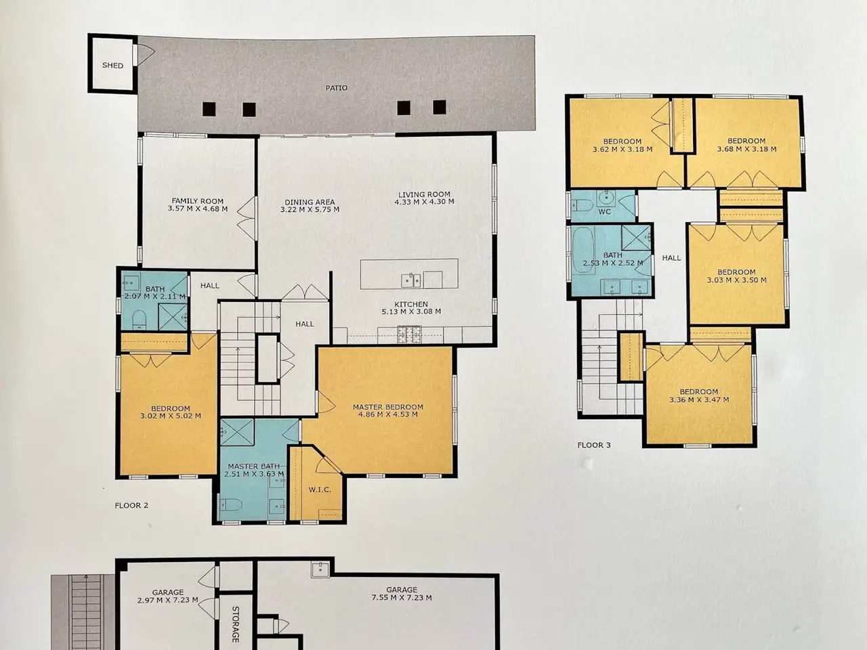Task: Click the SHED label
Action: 112,66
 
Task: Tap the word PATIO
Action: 337,88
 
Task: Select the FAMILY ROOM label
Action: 198,201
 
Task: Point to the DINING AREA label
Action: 310,202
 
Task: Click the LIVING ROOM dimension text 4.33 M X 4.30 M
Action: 424,202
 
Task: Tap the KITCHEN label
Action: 411,304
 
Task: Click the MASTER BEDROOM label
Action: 388,407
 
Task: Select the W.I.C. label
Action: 320,490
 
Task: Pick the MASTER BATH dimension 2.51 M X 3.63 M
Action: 254,474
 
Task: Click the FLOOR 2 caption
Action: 131,506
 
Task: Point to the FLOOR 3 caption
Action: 594,445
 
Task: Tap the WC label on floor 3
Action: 604,212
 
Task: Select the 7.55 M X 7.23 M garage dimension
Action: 402,598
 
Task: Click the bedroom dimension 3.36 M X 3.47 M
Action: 699,399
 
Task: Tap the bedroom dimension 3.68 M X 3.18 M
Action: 747,149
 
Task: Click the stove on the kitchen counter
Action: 410,334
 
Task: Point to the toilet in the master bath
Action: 231,505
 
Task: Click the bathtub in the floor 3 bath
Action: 583,250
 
